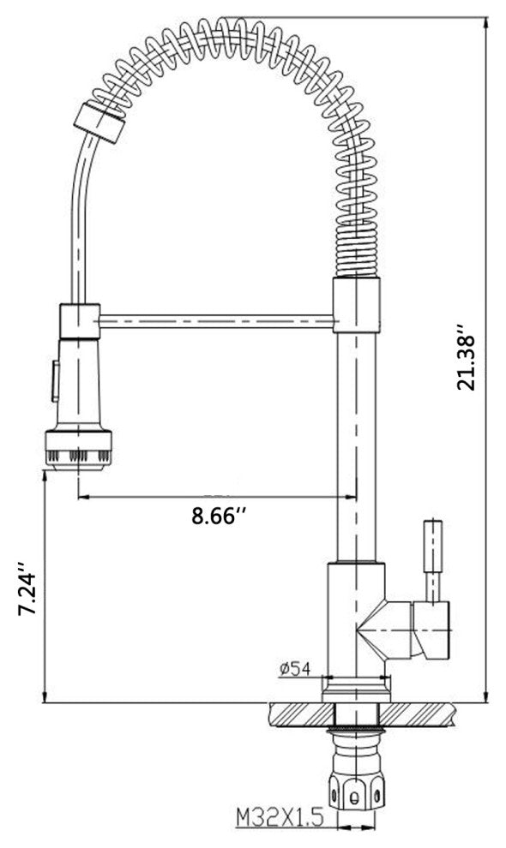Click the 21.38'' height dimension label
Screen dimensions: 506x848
click(466, 357)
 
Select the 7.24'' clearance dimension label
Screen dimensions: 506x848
click(27, 589)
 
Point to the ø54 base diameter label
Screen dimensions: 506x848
click(295, 669)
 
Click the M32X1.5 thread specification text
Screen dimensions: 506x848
click(280, 816)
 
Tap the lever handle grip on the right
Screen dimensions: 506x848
click(433, 546)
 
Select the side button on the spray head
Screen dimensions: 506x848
click(55, 381)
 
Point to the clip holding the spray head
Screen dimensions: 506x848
click(80, 322)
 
